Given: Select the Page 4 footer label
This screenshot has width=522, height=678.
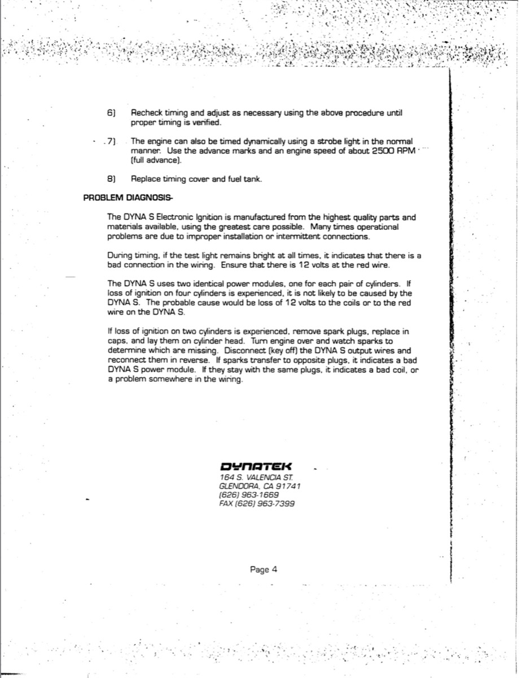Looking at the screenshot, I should coord(264,570).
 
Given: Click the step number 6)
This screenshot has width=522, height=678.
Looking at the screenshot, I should coord(111,113).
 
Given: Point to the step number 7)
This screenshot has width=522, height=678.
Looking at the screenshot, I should coord(111,141).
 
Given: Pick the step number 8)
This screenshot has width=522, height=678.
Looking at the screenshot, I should coord(111,179).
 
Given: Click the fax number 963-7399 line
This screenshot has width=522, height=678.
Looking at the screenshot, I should coord(257,503).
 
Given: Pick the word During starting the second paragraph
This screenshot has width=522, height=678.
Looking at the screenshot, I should coord(119,255).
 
